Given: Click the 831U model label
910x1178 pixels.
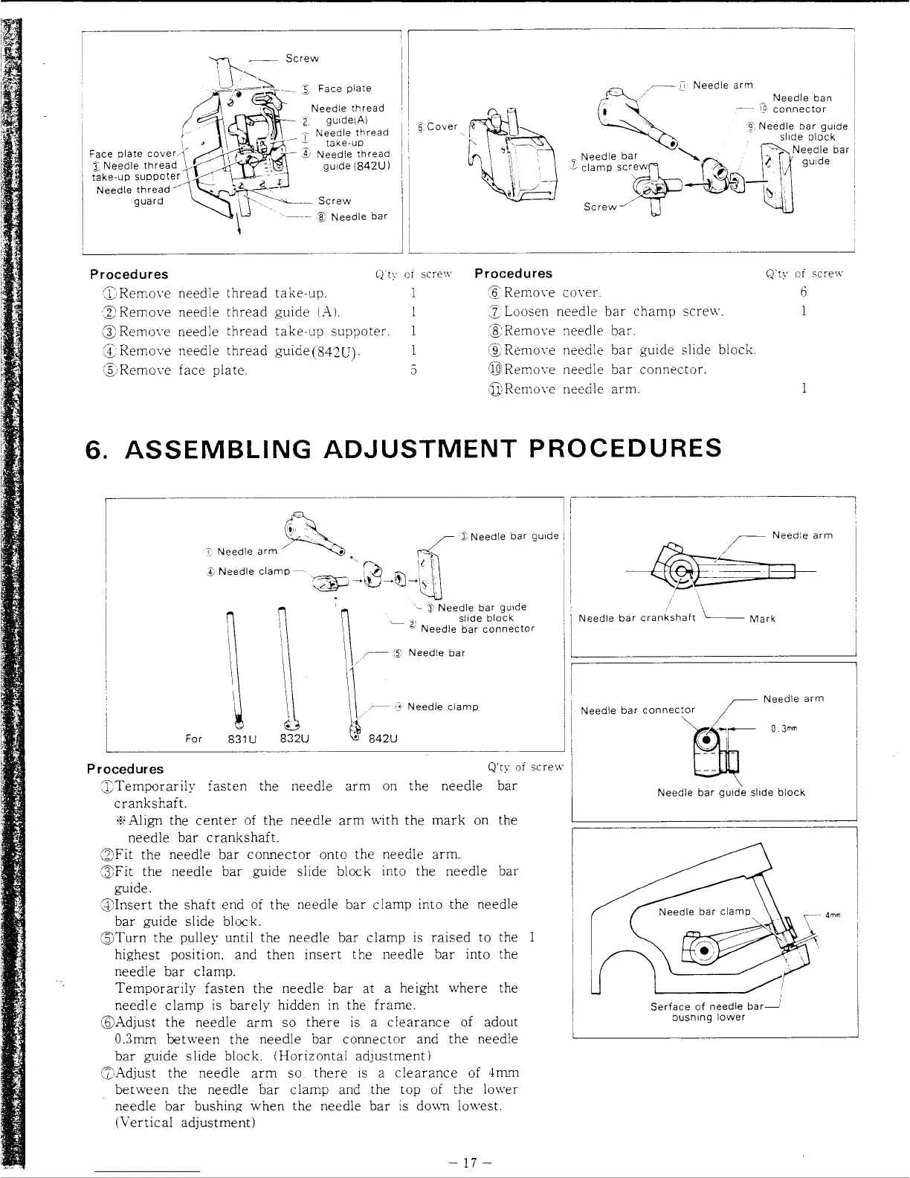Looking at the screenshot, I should point(239,739).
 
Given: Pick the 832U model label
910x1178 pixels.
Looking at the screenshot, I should point(294,739).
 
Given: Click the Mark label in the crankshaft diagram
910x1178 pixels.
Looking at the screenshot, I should point(762,619).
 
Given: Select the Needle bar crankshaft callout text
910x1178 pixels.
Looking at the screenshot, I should point(636,618).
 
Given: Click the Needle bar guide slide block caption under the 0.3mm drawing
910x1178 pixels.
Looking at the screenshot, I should point(731,793).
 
